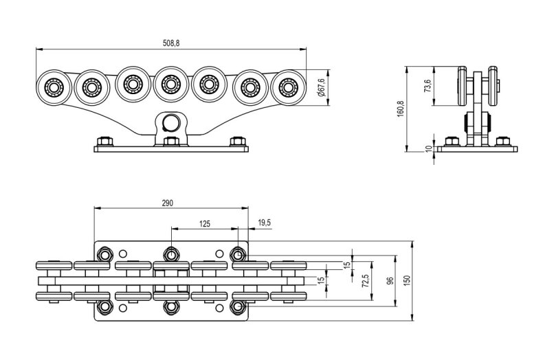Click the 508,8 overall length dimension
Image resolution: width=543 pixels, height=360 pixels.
pos(171,43)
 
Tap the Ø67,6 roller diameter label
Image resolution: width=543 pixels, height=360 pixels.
pos(321,87)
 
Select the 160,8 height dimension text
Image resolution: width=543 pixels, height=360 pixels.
pos(401,109)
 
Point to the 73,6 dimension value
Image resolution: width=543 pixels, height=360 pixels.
pos(428,85)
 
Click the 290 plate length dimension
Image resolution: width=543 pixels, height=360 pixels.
pos(167,203)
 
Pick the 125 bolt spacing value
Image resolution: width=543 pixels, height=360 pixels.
pos(205,223)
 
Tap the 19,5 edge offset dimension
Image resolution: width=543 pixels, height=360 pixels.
pos(265,223)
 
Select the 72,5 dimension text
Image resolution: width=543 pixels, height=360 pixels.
pos(365,280)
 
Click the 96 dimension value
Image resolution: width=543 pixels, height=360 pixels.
pos(390,280)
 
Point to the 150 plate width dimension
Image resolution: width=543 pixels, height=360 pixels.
pos(407,280)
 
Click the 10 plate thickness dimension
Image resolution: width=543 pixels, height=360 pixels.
pos(429,149)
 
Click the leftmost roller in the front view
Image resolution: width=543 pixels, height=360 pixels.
pos(54,87)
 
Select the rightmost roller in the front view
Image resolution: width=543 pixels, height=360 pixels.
pos(289,87)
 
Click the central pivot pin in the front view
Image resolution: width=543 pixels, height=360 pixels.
pos(170,122)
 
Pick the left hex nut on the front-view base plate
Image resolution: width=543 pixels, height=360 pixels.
pos(104,142)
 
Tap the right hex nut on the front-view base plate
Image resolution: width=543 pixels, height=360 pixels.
pos(238,142)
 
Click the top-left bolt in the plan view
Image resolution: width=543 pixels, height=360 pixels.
pos(104,255)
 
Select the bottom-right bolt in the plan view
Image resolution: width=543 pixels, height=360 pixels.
pos(238,306)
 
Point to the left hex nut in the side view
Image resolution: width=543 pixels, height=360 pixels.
pos(452,142)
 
